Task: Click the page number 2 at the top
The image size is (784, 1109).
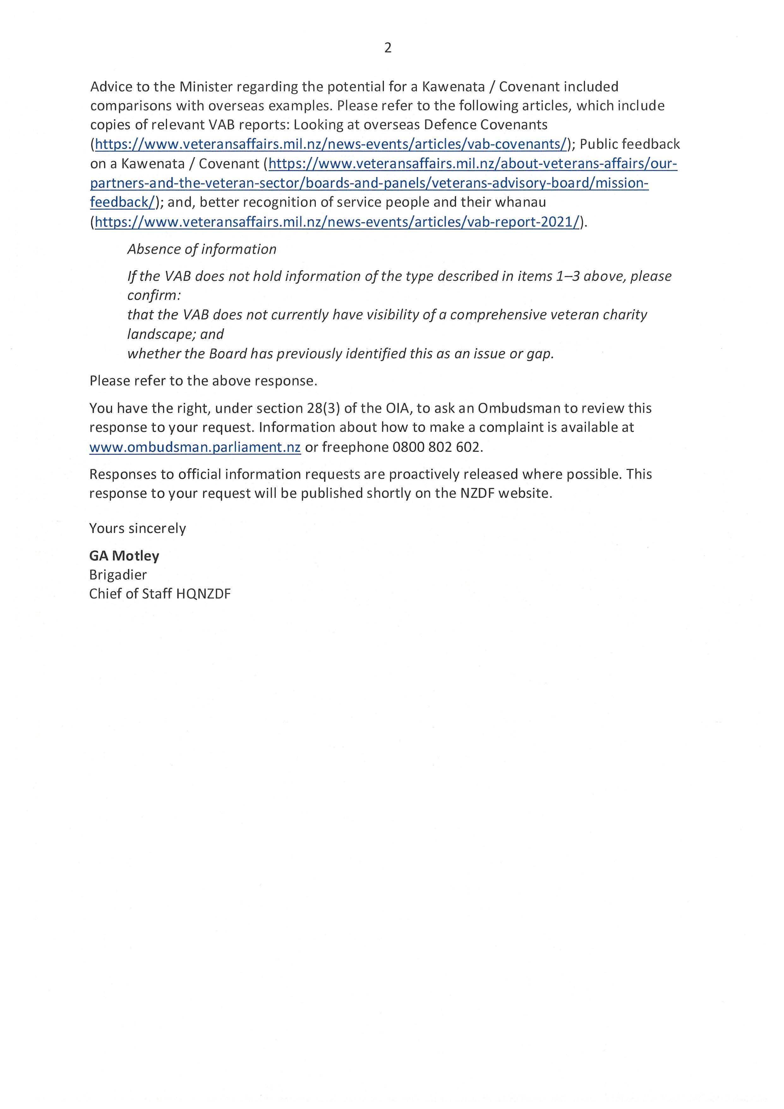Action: point(388,48)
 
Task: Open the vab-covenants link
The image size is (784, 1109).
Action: point(331,144)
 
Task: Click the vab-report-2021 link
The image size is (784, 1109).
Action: point(337,222)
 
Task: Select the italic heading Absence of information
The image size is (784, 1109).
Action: point(202,249)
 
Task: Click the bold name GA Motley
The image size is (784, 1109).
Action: point(124,556)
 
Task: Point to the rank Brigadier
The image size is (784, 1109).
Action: point(118,575)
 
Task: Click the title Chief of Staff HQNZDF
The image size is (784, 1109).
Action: point(160,594)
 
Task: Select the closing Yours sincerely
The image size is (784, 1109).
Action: point(138,528)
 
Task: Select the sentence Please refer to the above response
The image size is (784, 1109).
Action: point(203,381)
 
